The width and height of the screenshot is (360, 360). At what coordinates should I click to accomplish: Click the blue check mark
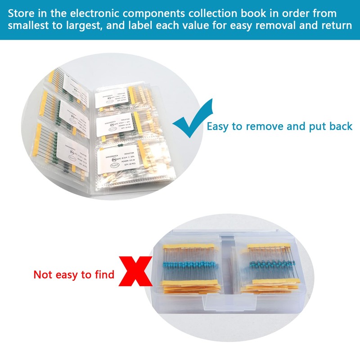188,121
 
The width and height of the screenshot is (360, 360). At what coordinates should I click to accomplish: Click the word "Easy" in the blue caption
218,126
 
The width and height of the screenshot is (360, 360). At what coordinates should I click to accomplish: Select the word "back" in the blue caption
340,126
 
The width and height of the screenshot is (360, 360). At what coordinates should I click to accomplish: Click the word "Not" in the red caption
43,274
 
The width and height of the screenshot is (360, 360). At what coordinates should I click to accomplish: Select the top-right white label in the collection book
112,95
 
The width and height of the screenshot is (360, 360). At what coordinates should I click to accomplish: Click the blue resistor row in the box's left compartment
192,265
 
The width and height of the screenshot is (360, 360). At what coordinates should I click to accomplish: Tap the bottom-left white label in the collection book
72,151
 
